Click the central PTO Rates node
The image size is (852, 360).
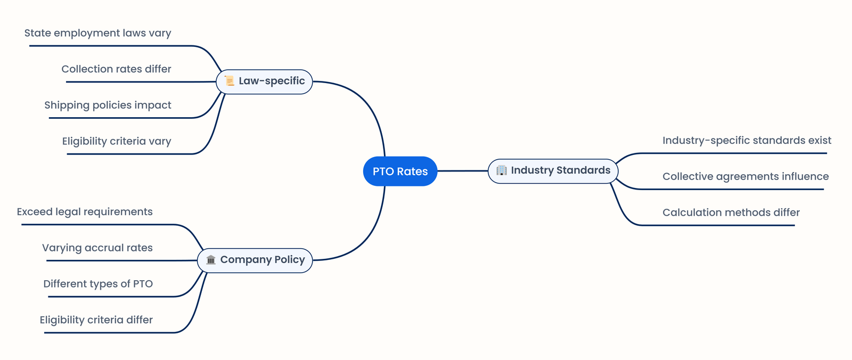[400, 171]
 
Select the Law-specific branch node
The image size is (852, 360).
[265, 81]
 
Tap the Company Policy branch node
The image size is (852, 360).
[255, 260]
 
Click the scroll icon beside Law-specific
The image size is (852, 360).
[230, 81]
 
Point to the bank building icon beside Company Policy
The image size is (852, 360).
[211, 260]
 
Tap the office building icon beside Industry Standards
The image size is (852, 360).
[501, 170]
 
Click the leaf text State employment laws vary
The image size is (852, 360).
[97, 33]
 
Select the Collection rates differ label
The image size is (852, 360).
[116, 69]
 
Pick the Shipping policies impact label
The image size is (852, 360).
[108, 105]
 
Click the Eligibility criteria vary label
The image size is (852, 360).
[117, 142]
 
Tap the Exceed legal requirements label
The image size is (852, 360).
[85, 212]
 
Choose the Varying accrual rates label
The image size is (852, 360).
[97, 248]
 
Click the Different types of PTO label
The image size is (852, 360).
[98, 284]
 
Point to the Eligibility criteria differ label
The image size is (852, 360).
[96, 320]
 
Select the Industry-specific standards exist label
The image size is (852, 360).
[747, 141]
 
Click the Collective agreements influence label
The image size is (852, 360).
[745, 177]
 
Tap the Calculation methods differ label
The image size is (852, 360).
[731, 213]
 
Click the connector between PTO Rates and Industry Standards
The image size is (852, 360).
[462, 171]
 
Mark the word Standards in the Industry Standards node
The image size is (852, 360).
[583, 170]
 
